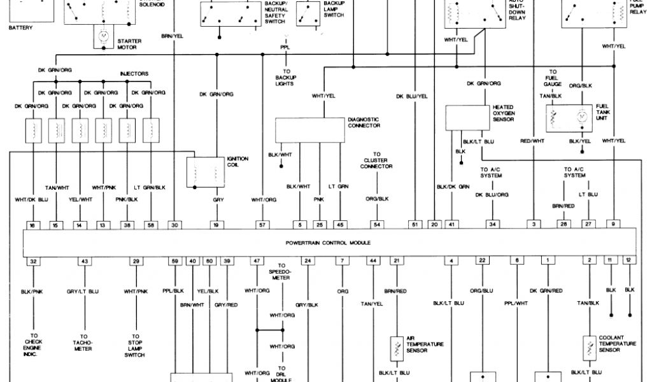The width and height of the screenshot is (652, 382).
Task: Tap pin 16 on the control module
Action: (32, 225)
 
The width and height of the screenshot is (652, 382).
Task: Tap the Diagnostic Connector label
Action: (364, 122)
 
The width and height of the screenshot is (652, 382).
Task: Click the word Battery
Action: (20, 27)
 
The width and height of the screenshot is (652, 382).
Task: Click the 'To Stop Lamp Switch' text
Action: (135, 344)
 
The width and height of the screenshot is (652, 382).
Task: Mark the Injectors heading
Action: (134, 74)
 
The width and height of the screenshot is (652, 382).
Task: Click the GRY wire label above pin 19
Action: (217, 199)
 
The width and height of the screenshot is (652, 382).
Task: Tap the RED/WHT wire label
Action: (532, 140)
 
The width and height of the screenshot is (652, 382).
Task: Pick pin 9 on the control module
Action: (613, 225)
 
